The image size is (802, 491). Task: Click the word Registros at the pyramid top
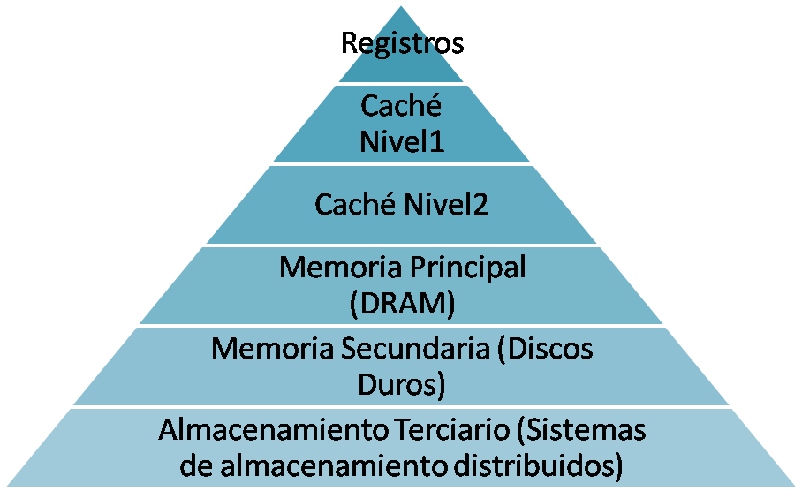(401, 43)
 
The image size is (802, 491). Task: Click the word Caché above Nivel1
(401, 107)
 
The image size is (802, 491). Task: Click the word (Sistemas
(582, 431)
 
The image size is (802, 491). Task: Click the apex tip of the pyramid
(401, 4)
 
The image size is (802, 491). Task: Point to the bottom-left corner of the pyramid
(4, 487)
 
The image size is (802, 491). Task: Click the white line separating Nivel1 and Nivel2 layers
(401, 163)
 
